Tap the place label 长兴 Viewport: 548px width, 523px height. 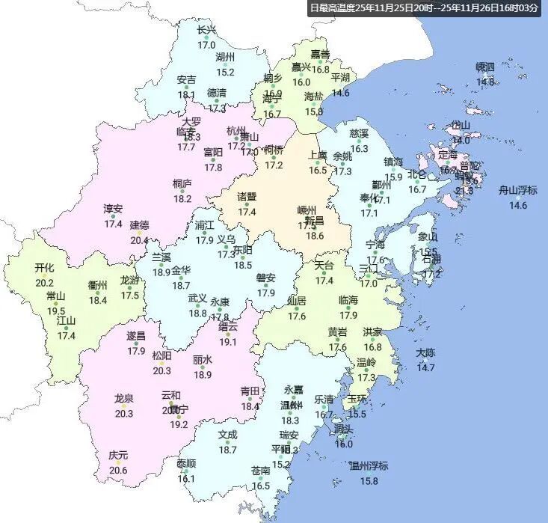tap(207, 31)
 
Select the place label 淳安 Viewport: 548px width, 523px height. tap(113, 209)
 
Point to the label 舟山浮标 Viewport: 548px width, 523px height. tap(518, 190)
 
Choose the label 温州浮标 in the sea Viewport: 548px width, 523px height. tap(369, 466)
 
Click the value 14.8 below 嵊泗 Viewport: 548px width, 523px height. tap(485, 82)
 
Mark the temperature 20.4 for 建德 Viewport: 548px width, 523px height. tap(139, 240)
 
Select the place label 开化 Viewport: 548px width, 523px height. tap(45, 268)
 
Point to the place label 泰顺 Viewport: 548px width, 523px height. tap(186, 464)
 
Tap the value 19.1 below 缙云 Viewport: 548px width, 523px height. tap(228, 342)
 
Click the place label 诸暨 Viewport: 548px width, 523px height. tap(247, 198)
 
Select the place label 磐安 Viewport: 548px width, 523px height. tap(266, 278)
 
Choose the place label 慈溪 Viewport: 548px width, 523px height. tap(359, 134)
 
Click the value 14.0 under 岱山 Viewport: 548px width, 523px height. tap(461, 140)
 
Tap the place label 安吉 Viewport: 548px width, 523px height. tap(187, 80)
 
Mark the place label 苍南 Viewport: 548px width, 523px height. tap(260, 471)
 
